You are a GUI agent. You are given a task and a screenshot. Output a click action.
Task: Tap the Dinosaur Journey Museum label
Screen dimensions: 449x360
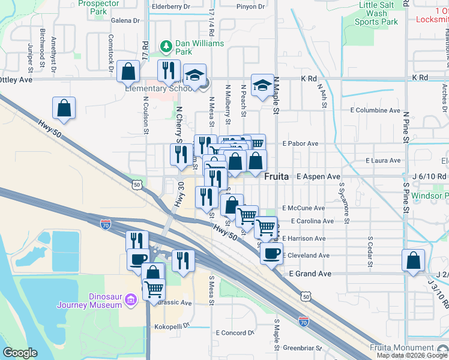(x=89, y=300)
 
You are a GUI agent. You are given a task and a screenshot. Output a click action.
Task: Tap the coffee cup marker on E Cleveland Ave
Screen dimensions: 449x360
(x=271, y=253)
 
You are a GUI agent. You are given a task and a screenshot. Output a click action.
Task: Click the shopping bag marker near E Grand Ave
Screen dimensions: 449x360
(x=414, y=261)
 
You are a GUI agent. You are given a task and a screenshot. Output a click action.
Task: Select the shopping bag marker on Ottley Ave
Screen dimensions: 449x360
(x=128, y=71)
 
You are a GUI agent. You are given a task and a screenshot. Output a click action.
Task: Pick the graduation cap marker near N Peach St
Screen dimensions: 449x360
(x=262, y=86)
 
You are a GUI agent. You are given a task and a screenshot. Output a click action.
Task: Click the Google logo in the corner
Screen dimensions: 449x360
(x=21, y=353)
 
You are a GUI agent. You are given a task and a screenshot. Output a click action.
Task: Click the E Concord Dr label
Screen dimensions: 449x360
(x=231, y=333)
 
